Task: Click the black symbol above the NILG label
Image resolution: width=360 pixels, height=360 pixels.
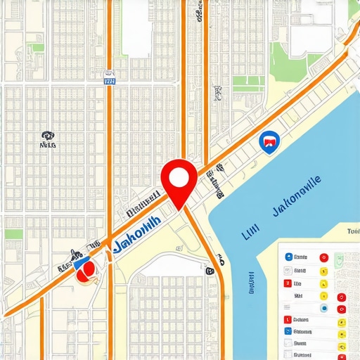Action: (x=47, y=135)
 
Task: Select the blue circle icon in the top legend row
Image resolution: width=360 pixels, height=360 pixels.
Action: (x=288, y=257)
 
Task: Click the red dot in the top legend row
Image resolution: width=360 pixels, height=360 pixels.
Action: (x=324, y=257)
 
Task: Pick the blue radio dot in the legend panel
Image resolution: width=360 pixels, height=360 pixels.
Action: (x=323, y=308)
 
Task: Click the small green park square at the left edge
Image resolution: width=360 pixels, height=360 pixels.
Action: (x=13, y=234)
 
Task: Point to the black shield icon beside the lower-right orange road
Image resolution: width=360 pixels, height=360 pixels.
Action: (x=210, y=269)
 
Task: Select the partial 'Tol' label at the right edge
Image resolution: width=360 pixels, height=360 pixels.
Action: (x=352, y=231)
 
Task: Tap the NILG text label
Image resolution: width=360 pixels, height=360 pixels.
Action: (x=48, y=146)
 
